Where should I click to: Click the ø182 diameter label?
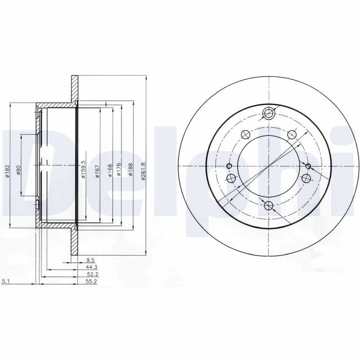[7, 171]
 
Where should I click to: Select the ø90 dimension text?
[19, 170]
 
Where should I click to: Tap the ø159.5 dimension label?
[83, 169]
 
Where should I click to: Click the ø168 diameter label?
[110, 171]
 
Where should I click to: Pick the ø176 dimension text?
[119, 170]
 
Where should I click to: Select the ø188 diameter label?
[130, 170]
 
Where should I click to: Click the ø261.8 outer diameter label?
[144, 171]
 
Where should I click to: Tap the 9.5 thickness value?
[90, 260]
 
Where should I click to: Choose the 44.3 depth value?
[92, 267]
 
